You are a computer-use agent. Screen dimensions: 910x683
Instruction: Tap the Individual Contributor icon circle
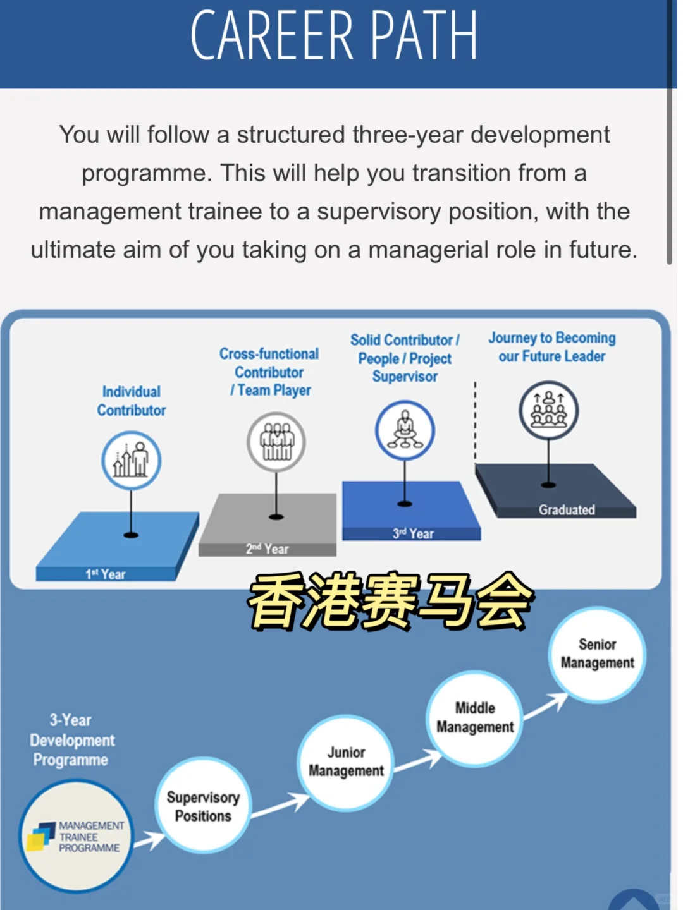click(132, 460)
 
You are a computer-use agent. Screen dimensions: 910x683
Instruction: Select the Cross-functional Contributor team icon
click(276, 441)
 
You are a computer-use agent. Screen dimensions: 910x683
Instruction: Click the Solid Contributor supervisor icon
click(405, 430)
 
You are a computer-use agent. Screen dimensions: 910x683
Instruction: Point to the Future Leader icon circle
click(549, 410)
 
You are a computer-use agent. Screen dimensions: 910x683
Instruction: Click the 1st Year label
click(106, 574)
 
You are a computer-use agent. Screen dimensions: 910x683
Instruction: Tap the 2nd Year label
click(268, 549)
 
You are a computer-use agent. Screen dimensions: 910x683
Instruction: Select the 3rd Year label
click(413, 533)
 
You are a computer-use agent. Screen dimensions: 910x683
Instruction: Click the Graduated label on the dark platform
click(567, 509)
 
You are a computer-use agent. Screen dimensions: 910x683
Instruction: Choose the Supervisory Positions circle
click(203, 806)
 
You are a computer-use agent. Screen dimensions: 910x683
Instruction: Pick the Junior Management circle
click(346, 762)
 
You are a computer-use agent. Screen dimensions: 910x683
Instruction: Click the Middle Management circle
click(475, 718)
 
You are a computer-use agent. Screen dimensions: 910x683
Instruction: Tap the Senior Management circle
click(597, 654)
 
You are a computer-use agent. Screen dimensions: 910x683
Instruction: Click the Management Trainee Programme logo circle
click(76, 836)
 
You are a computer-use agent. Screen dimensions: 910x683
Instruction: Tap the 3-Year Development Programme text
click(71, 740)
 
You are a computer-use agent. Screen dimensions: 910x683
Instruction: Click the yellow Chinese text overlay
click(391, 601)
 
